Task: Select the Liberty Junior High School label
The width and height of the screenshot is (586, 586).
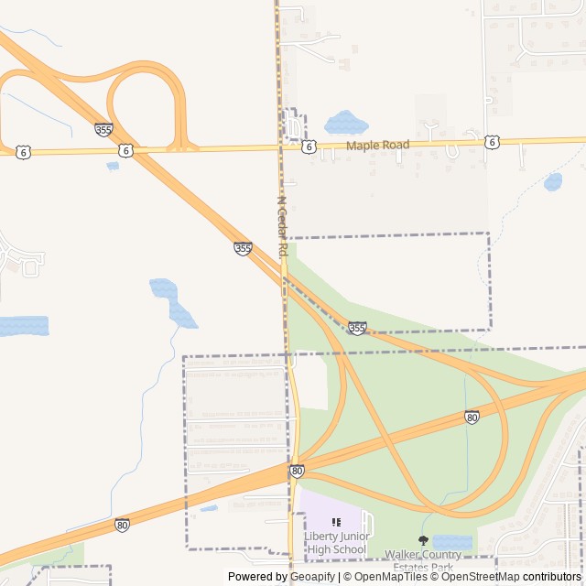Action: (336, 542)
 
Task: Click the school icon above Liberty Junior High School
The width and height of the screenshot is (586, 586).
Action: (336, 522)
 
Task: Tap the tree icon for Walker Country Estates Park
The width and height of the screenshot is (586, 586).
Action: (423, 540)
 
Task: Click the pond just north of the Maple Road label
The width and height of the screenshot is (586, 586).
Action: (345, 122)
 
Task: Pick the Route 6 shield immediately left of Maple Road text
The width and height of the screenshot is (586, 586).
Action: (309, 146)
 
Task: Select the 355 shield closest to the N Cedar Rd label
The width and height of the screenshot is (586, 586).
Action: (243, 248)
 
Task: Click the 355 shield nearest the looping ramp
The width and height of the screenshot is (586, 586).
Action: (103, 130)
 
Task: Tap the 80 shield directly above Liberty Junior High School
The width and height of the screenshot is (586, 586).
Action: (297, 471)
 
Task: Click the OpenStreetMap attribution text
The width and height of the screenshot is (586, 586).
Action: (482, 577)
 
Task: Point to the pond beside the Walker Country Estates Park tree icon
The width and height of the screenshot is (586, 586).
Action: (451, 542)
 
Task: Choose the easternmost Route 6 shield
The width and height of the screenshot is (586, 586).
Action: (493, 142)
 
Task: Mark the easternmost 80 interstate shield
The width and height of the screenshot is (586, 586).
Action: (472, 418)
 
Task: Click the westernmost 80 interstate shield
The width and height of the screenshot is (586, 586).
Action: (122, 525)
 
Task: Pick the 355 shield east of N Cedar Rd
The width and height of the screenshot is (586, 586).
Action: (357, 328)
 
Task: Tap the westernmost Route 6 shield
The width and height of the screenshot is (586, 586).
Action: (23, 152)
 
